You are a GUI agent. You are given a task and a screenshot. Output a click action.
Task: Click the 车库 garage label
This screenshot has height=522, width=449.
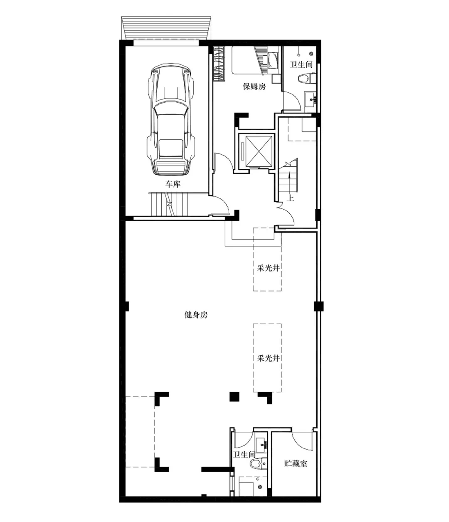(173, 184)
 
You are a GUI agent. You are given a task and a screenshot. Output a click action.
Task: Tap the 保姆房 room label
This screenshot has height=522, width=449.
(254, 87)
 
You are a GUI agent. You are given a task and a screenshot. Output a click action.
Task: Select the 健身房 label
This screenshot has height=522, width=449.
(196, 315)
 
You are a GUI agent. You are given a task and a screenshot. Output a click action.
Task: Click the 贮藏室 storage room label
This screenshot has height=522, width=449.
(296, 463)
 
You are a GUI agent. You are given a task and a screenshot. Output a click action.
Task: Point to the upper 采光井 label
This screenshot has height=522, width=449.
(268, 268)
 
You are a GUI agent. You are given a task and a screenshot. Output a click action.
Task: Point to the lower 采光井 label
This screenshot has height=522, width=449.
(268, 358)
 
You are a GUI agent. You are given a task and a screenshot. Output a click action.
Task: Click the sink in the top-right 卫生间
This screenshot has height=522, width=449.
(311, 99)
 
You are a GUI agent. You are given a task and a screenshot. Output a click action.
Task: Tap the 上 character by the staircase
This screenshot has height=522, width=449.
(291, 198)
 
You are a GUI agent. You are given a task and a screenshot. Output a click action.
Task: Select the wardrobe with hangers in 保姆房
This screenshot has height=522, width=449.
(219, 64)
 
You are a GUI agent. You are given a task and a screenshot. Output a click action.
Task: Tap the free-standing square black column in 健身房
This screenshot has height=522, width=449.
(234, 396)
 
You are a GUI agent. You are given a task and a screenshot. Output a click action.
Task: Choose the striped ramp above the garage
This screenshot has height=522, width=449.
(166, 28)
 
